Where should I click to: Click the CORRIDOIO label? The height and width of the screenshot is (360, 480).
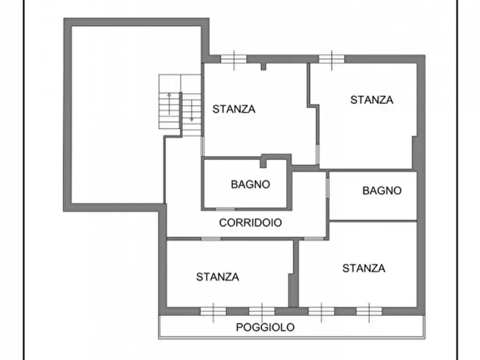[250, 222]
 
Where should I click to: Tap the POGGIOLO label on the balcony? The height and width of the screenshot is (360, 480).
[265, 327]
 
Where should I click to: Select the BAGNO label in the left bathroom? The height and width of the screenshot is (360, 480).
[250, 184]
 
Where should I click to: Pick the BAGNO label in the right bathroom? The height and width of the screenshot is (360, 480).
[382, 190]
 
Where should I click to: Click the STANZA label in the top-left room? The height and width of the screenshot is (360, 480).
[234, 109]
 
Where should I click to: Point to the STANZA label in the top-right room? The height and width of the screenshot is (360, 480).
[371, 99]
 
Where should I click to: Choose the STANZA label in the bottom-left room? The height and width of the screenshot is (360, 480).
[218, 277]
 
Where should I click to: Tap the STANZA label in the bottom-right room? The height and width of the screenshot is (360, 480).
[364, 268]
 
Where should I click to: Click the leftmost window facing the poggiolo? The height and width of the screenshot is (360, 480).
[213, 311]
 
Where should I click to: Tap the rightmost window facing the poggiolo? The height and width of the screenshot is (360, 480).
[369, 311]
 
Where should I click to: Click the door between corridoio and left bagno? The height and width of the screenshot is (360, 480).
[225, 208]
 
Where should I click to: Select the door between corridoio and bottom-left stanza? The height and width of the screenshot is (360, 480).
[211, 239]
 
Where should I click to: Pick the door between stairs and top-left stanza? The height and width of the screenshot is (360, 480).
[203, 146]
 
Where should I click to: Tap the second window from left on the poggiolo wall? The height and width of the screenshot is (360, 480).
[262, 311]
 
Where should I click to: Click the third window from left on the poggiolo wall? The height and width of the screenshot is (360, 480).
[321, 311]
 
